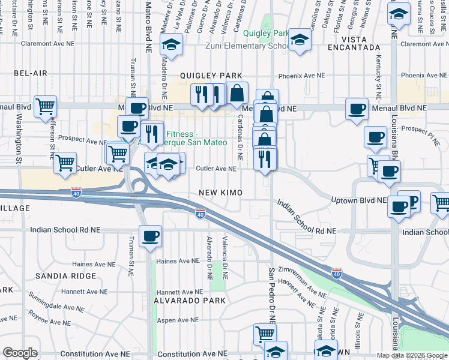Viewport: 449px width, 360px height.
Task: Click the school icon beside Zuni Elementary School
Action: click(298, 41)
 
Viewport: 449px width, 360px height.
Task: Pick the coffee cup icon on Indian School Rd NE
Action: click(150, 235)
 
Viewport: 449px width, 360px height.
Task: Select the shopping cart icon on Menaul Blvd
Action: click(45, 107)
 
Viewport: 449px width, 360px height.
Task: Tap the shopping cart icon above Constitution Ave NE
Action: click(264, 334)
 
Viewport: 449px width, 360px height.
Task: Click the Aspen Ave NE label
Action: click(178, 321)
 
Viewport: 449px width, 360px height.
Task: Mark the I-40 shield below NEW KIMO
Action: click(200, 214)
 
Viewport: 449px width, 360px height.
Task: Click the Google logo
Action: click(20, 353)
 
